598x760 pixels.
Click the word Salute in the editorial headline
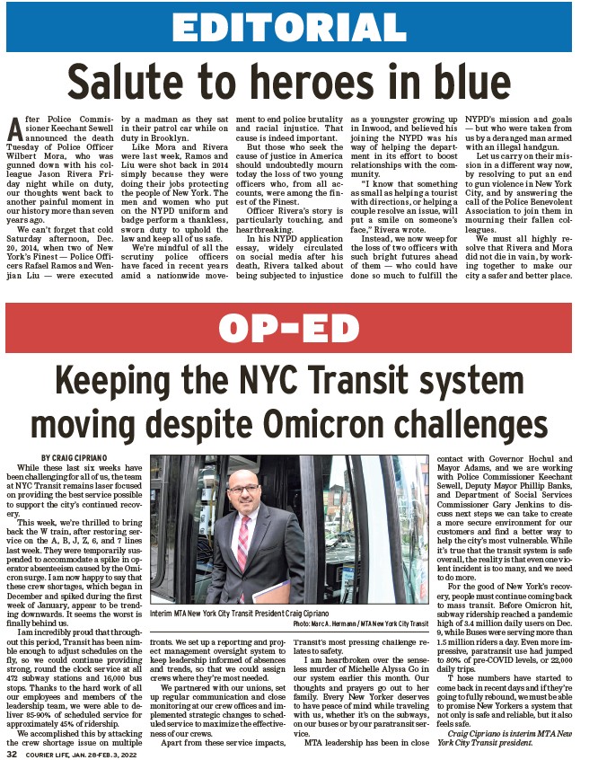123,83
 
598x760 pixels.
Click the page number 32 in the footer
13,752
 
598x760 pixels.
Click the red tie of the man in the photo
243,547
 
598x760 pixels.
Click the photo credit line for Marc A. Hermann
360,622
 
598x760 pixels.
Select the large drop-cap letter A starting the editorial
13,127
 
